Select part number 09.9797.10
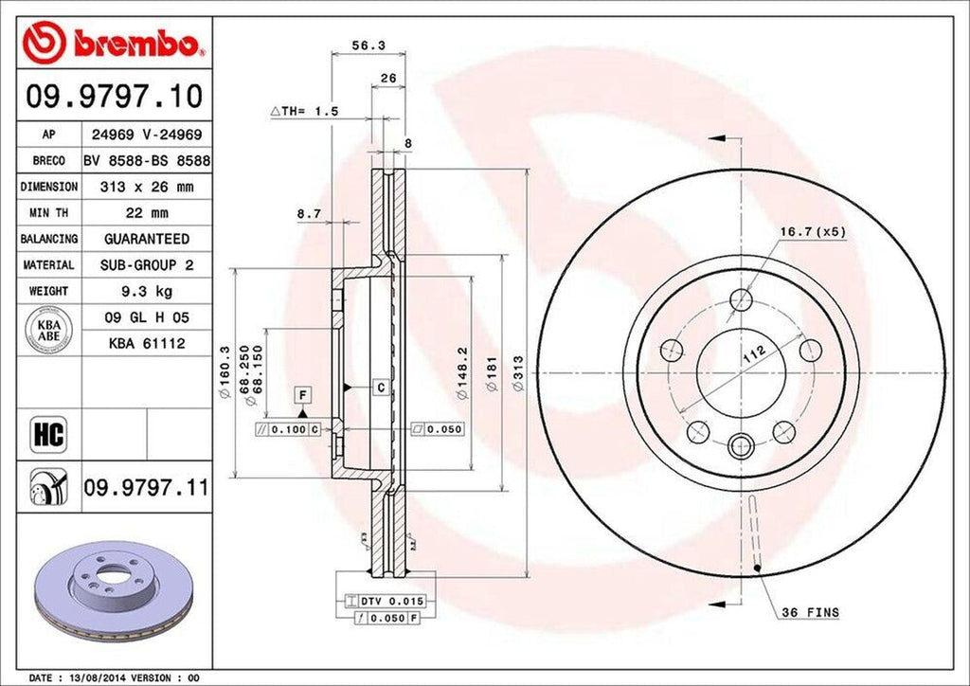click(x=113, y=97)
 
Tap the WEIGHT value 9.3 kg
click(x=146, y=291)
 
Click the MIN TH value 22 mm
click(x=146, y=213)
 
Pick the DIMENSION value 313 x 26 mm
click(x=146, y=188)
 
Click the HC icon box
click(x=48, y=435)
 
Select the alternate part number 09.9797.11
click(x=146, y=489)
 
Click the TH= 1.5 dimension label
click(x=304, y=111)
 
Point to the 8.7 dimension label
click(x=309, y=214)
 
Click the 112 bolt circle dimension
click(x=753, y=355)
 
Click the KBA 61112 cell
click(x=146, y=343)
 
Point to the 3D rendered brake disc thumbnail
click(x=112, y=588)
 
